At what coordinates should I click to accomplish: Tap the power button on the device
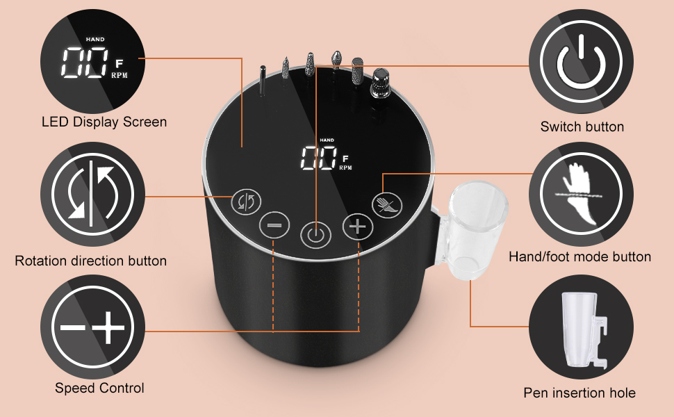[x=316, y=236]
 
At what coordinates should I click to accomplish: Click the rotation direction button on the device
[x=246, y=202]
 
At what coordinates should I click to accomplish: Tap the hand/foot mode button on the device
[x=387, y=204]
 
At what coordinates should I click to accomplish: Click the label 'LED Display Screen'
[x=104, y=122]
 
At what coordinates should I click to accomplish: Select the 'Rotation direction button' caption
[x=91, y=261]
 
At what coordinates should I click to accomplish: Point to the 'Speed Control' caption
[x=99, y=388]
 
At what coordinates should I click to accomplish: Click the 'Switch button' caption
[x=582, y=126]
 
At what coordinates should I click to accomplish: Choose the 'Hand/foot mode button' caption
[x=580, y=257]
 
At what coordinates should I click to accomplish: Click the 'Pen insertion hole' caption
[x=580, y=393]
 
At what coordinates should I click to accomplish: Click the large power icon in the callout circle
[x=581, y=61]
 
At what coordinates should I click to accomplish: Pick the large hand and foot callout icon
[x=581, y=193]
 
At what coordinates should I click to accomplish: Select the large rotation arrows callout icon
[x=92, y=193]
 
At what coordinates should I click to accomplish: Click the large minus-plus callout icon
[x=92, y=327]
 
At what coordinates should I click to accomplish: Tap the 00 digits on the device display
[x=318, y=158]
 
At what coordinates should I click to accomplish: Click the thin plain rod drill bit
[x=262, y=81]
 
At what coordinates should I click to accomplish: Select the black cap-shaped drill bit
[x=379, y=84]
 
